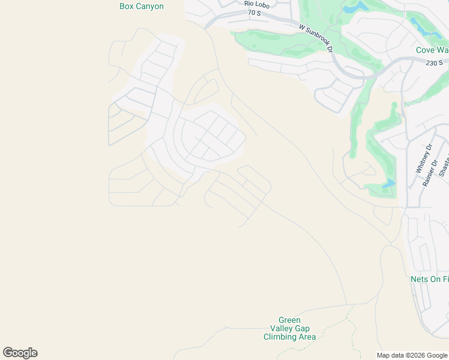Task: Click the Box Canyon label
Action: click(142, 7)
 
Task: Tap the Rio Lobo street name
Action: click(258, 4)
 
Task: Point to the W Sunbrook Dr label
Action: click(316, 37)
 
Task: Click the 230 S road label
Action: click(433, 63)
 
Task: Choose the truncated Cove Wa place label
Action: click(432, 50)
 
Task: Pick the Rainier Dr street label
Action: click(428, 173)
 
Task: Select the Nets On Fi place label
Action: click(429, 280)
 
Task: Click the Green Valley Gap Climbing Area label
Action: click(289, 328)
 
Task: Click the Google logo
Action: click(20, 353)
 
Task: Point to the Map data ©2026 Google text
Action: click(412, 355)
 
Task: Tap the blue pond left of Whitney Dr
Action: click(388, 183)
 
